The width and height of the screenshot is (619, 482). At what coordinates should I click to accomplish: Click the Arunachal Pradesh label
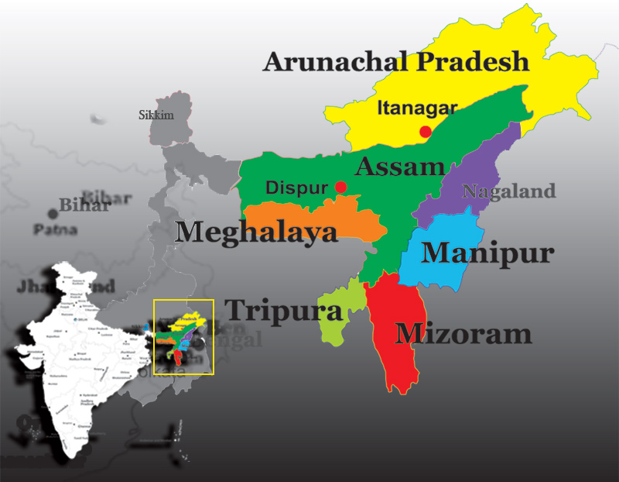396,62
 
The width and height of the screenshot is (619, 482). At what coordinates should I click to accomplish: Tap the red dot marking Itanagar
425,132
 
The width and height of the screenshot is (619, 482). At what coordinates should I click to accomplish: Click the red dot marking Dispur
340,188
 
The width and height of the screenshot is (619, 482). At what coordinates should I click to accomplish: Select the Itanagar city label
417,108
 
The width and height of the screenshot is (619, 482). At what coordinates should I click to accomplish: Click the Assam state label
400,166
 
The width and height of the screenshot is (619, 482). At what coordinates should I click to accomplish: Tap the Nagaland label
508,191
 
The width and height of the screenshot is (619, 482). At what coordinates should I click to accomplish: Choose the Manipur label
487,253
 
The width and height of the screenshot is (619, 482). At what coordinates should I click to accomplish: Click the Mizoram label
463,333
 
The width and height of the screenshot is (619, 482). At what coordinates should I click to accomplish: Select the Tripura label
283,312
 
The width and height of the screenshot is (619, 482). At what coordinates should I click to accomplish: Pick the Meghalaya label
257,232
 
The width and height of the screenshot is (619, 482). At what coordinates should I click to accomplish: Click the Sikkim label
156,115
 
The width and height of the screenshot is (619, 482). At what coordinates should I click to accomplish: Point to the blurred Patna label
55,230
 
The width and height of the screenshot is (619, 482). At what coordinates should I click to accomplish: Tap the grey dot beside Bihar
53,213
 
